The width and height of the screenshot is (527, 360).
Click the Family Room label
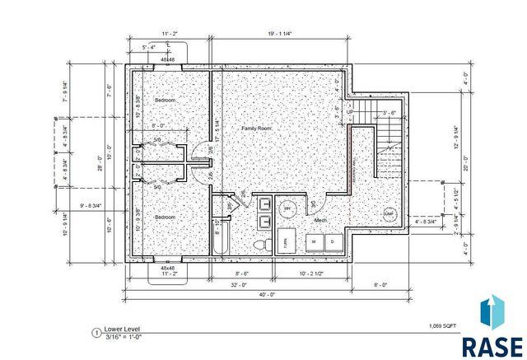256,129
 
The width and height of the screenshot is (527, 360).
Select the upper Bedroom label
166,100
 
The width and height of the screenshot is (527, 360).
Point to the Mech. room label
321,220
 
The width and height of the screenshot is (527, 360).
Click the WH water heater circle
288,209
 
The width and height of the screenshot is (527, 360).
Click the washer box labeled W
314,242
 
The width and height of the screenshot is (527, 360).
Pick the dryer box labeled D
332,242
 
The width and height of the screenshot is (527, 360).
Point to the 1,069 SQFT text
443,327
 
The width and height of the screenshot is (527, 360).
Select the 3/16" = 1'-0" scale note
124,335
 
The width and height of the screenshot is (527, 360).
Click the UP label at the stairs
348,113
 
